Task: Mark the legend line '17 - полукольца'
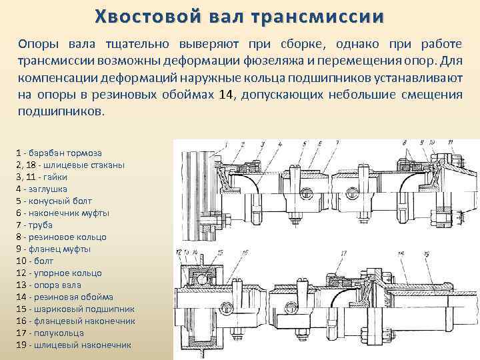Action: click(x=49, y=333)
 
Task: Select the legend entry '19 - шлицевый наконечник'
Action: click(x=73, y=345)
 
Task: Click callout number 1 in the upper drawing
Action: click(x=225, y=143)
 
